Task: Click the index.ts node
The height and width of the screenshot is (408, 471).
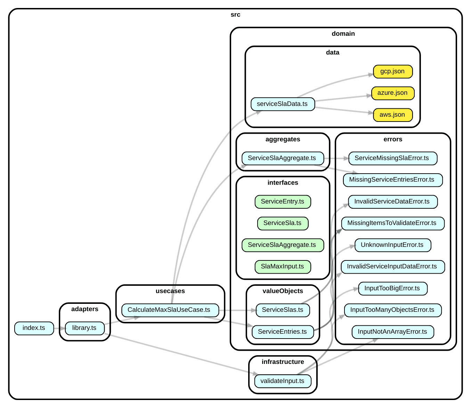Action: click(x=34, y=328)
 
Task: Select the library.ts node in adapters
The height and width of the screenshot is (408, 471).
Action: click(x=84, y=328)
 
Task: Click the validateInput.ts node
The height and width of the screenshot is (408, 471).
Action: click(x=283, y=381)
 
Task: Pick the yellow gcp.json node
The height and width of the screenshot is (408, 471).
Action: click(x=392, y=72)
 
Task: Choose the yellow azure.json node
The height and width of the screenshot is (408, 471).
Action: click(x=392, y=93)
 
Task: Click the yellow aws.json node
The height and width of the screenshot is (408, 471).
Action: click(x=392, y=115)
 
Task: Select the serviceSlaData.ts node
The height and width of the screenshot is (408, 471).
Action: click(x=283, y=104)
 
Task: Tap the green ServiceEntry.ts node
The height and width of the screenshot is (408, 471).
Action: click(x=283, y=202)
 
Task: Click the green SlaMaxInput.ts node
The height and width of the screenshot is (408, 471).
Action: click(x=283, y=267)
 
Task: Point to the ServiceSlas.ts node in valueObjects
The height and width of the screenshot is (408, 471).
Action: click(x=283, y=310)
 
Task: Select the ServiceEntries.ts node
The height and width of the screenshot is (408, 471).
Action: click(x=283, y=332)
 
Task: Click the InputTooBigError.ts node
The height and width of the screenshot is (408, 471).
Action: click(x=392, y=289)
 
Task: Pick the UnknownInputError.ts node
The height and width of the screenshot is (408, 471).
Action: click(x=392, y=245)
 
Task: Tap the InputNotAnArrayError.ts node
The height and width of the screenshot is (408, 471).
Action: click(x=392, y=332)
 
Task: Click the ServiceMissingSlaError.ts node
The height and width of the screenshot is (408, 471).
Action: click(x=392, y=158)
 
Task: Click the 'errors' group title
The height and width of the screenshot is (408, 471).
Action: click(x=393, y=139)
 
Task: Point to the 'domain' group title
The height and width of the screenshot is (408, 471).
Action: click(x=343, y=34)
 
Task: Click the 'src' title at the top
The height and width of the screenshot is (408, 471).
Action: click(x=235, y=15)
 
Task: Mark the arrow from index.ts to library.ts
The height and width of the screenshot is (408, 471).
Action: click(x=59, y=328)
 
